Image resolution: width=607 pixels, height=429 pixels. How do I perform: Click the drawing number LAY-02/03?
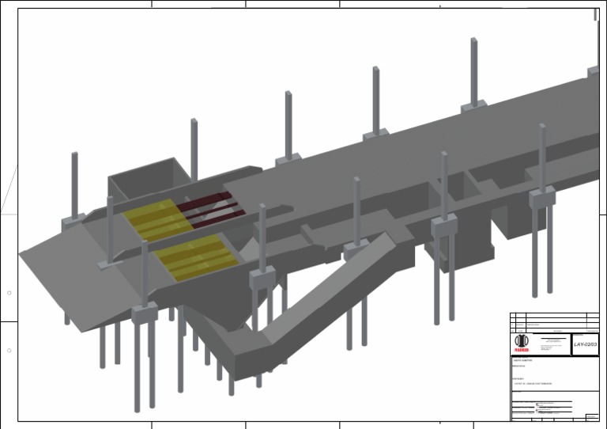point(585,344)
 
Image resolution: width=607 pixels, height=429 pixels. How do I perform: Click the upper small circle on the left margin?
point(9,294)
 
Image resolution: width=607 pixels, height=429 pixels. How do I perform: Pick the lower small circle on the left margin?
point(9,351)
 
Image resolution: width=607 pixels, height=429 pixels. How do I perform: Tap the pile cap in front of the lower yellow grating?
point(145,314)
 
